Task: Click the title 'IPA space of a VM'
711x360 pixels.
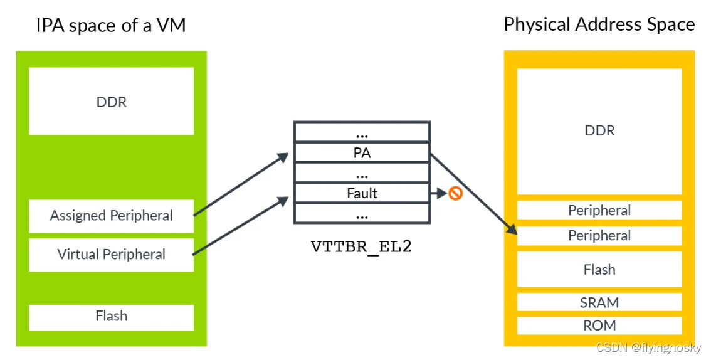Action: click(111, 25)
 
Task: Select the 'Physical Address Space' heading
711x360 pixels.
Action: click(599, 24)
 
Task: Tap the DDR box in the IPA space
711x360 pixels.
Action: click(112, 101)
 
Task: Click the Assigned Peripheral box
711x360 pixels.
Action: click(112, 216)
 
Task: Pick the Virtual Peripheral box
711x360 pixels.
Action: click(112, 255)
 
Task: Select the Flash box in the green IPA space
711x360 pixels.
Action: click(112, 317)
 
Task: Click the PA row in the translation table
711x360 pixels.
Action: click(362, 153)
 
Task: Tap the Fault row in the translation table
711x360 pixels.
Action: click(362, 194)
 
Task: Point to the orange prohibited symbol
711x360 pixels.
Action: click(455, 194)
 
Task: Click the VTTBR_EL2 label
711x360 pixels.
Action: click(361, 246)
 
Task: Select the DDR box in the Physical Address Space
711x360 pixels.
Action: click(599, 132)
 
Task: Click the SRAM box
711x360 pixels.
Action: click(599, 302)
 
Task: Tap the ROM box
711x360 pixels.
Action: click(599, 326)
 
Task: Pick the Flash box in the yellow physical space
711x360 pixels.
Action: click(599, 269)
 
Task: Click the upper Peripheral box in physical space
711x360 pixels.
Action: click(599, 210)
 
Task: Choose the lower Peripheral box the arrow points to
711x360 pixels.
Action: click(599, 236)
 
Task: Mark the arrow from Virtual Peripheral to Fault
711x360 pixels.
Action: click(241, 225)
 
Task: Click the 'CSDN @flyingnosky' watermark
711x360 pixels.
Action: click(648, 348)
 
